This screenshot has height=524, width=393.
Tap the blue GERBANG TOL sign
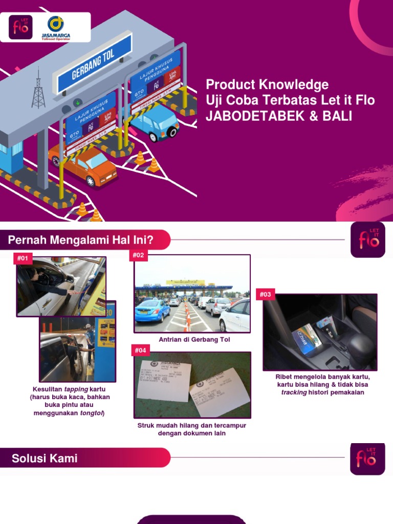point(94,64)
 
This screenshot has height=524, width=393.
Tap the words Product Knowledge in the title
point(267,84)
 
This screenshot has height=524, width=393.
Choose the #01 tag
point(23,258)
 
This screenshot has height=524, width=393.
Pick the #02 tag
point(139,255)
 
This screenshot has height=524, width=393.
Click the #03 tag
point(266,294)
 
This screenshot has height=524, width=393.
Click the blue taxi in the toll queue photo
point(152,310)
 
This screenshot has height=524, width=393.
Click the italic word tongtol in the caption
point(91,413)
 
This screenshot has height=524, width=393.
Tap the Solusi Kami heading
point(45,458)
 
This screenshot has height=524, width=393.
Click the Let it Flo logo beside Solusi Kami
point(367,458)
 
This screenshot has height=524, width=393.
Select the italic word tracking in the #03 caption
point(294,392)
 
